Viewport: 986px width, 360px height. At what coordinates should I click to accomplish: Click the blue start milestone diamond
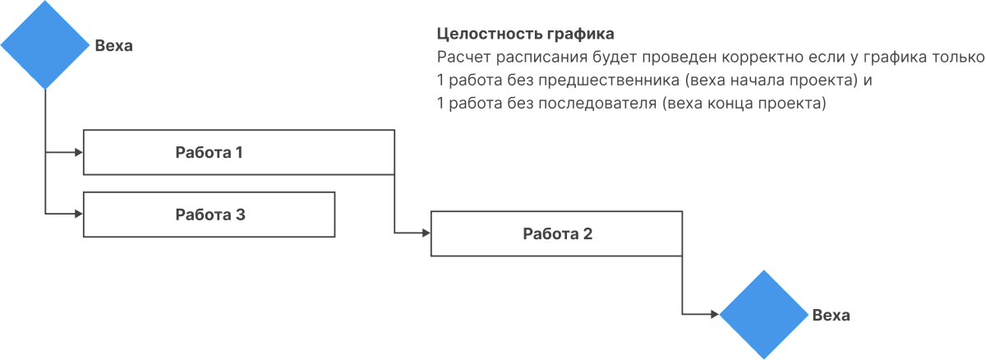tap(45, 44)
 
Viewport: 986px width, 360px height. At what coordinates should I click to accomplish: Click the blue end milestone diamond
tap(763, 314)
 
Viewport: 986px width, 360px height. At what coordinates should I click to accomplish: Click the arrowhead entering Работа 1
tap(79, 152)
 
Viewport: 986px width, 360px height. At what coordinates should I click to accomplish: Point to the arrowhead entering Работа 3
tap(79, 214)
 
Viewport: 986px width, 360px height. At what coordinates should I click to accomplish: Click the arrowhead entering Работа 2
tap(426, 233)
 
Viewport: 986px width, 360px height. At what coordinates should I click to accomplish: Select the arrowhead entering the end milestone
tap(715, 314)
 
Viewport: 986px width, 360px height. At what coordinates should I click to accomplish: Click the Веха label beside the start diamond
tap(113, 45)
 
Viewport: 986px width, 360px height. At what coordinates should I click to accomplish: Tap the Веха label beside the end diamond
tap(831, 315)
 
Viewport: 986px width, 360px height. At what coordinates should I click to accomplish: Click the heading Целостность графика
tap(526, 34)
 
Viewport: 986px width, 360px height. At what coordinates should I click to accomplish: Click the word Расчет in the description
tap(463, 58)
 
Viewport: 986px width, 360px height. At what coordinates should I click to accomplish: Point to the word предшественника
tap(609, 81)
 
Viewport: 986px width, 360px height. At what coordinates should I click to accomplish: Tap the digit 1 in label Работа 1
tap(239, 152)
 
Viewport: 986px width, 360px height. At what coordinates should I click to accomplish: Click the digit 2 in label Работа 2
tap(587, 233)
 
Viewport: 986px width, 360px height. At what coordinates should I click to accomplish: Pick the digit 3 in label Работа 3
tap(240, 215)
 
